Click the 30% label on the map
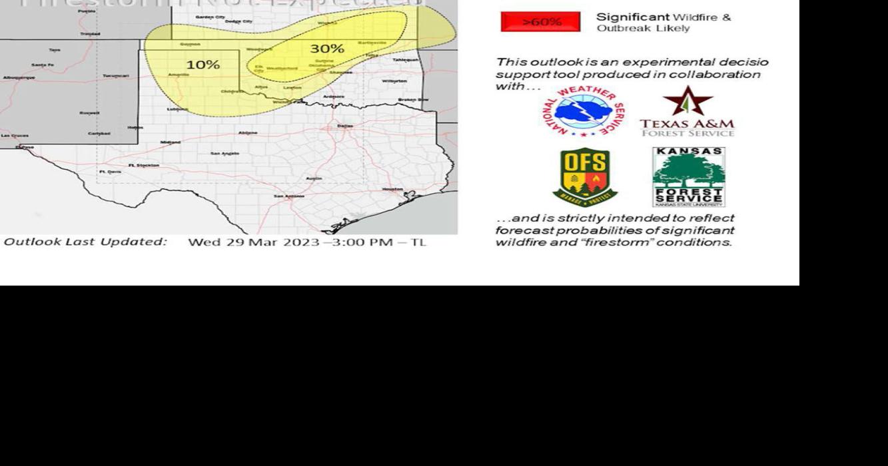pyautogui.click(x=326, y=49)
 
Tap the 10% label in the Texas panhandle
pyautogui.click(x=203, y=65)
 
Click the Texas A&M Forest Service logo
pyautogui.click(x=687, y=112)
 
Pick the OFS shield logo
pyautogui.click(x=584, y=176)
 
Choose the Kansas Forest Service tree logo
pyautogui.click(x=688, y=176)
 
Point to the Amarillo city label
pyautogui.click(x=179, y=75)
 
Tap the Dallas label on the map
pyautogui.click(x=345, y=125)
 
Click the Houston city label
pyautogui.click(x=392, y=188)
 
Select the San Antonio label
pyautogui.click(x=289, y=196)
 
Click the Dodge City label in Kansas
pyautogui.click(x=238, y=21)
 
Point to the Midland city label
pyautogui.click(x=170, y=142)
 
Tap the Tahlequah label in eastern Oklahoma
pyautogui.click(x=405, y=59)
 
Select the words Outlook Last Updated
pyautogui.click(x=85, y=242)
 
